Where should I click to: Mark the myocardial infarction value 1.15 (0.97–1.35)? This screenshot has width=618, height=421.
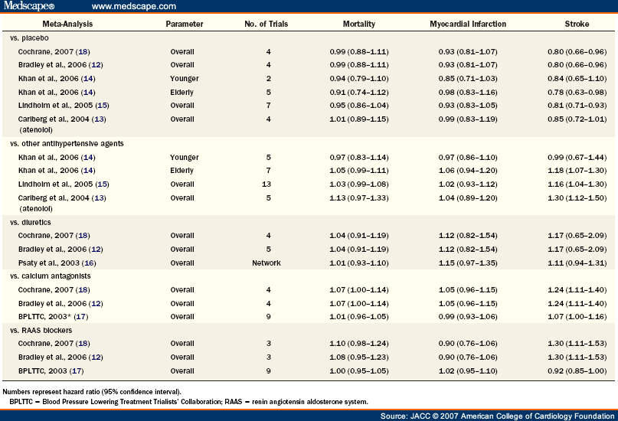coord(468,263)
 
